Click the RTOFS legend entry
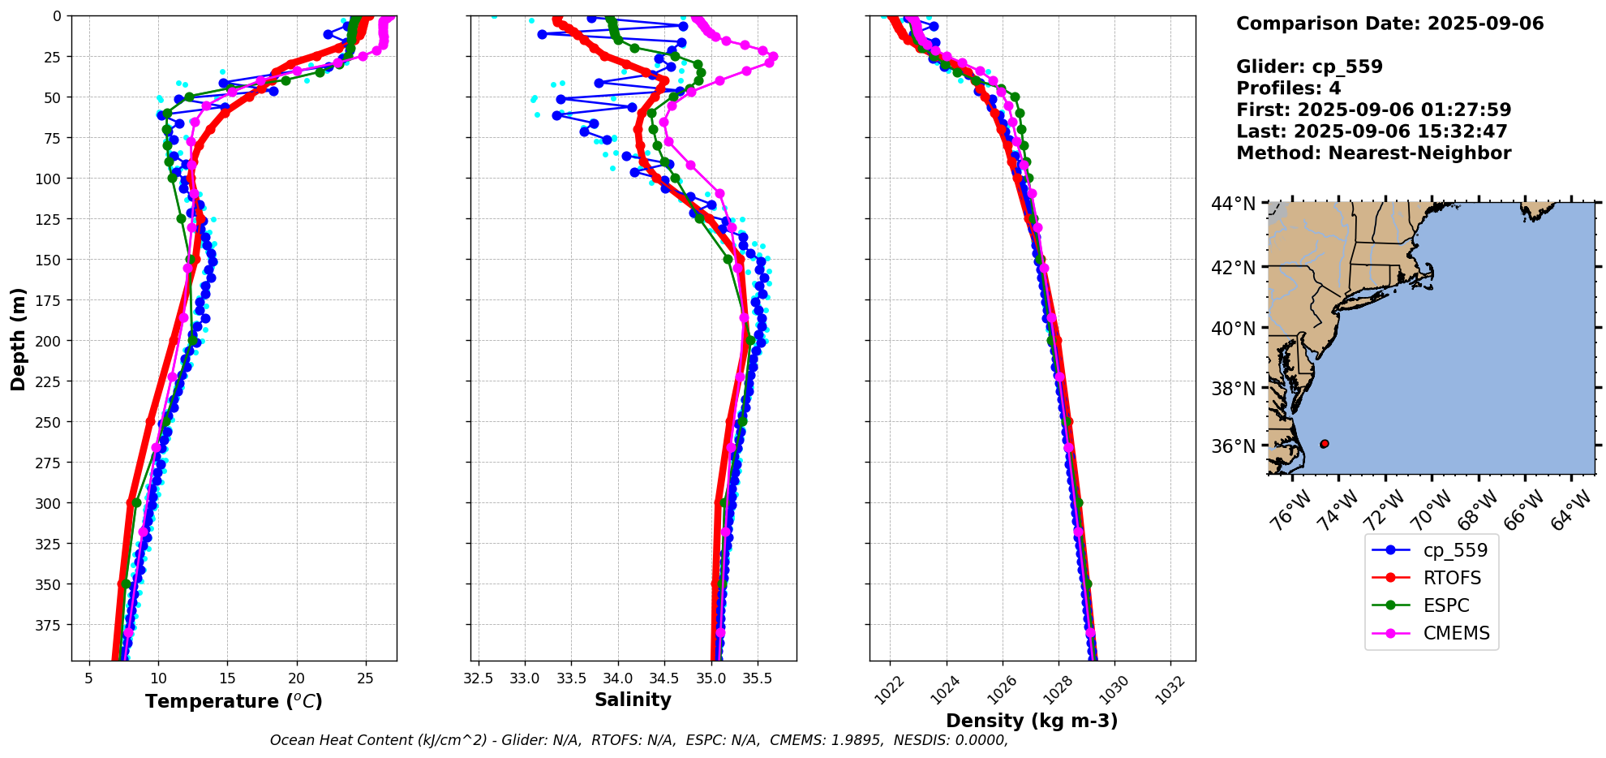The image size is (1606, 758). pos(1452,578)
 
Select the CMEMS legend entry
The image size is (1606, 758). pos(1456,633)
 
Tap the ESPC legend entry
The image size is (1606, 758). pos(1446,605)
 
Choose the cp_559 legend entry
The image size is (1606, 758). pos(1455,550)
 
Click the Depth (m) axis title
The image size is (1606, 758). pos(18,338)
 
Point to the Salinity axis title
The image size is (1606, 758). pos(633,700)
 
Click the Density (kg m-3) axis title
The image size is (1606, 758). pos(1032,721)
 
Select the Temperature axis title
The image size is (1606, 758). pos(234,701)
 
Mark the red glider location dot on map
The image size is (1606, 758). pos(1325,444)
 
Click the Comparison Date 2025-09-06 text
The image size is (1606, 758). pos(1389,24)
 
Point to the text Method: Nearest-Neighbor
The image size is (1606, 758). pos(1373,153)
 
